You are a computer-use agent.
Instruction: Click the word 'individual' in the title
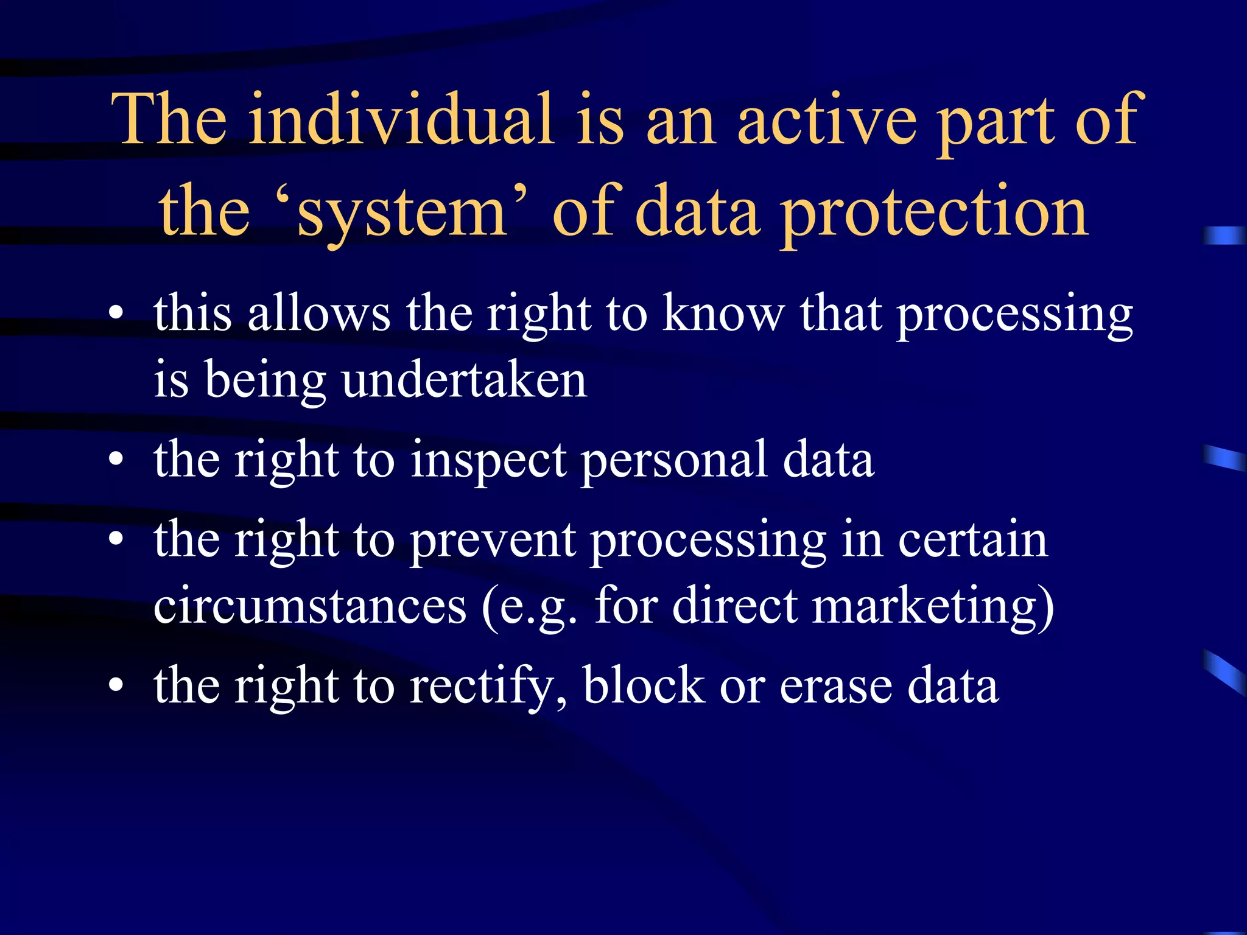coord(401,120)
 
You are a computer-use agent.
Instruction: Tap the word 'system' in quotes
coord(402,213)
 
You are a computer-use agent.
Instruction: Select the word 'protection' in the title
coord(935,213)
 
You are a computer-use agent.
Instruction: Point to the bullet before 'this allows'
coord(116,314)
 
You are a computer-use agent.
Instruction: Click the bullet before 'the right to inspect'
coord(116,460)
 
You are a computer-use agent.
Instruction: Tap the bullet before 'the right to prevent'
coord(116,539)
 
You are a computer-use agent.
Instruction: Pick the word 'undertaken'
coord(464,381)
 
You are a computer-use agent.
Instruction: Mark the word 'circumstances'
coord(309,606)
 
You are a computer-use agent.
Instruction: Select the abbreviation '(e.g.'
coord(529,606)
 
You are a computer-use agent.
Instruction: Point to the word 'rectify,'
coord(488,686)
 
